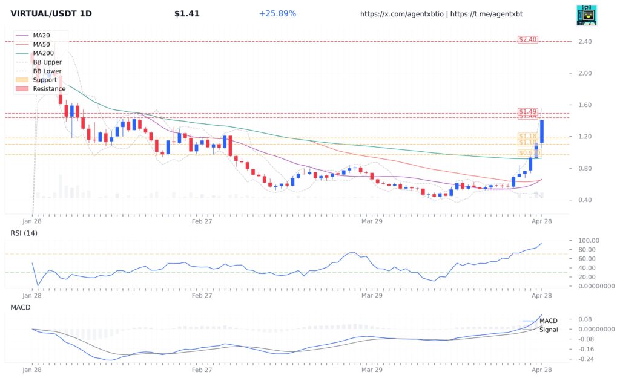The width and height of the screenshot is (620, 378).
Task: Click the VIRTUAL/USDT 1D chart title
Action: click(51, 13)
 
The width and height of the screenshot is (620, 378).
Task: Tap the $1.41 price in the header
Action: click(186, 13)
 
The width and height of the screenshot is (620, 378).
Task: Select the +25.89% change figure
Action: click(277, 13)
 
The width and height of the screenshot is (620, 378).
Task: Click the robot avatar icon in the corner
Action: click(586, 15)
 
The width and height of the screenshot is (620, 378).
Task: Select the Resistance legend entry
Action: click(48, 89)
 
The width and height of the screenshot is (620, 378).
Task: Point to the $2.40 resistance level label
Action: click(528, 40)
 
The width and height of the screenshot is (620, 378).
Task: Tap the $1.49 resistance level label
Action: click(528, 112)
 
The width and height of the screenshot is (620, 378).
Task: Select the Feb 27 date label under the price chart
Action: click(201, 221)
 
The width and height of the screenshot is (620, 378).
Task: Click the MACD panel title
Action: click(21, 307)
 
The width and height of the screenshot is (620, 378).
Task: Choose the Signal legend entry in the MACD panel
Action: click(548, 330)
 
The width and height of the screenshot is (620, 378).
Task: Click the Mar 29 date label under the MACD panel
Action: click(371, 368)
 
